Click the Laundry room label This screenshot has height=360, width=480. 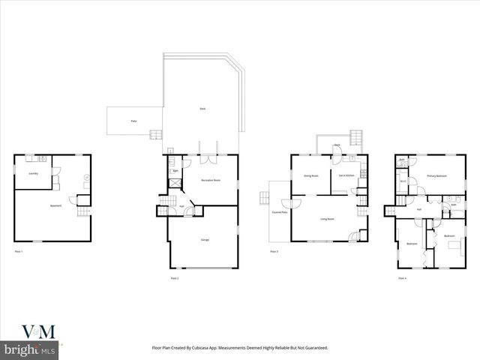click(x=34, y=173)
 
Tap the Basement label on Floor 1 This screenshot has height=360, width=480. click(x=55, y=206)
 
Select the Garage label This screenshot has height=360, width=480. click(x=204, y=239)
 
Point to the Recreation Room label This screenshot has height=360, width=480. click(x=211, y=181)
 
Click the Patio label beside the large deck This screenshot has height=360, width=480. click(x=133, y=120)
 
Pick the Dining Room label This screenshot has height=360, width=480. click(x=311, y=175)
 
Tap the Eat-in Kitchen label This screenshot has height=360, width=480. click(x=346, y=175)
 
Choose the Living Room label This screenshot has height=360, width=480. click(x=327, y=219)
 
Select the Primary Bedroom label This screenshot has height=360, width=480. click(x=436, y=175)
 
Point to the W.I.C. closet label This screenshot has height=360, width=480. click(x=403, y=181)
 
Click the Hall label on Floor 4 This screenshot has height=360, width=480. click(x=418, y=209)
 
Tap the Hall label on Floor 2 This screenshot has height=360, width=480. click(x=181, y=205)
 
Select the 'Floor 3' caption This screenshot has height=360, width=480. click(x=274, y=251)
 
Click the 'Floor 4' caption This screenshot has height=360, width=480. click(x=402, y=277)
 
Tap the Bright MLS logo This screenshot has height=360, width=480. click(x=30, y=349)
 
